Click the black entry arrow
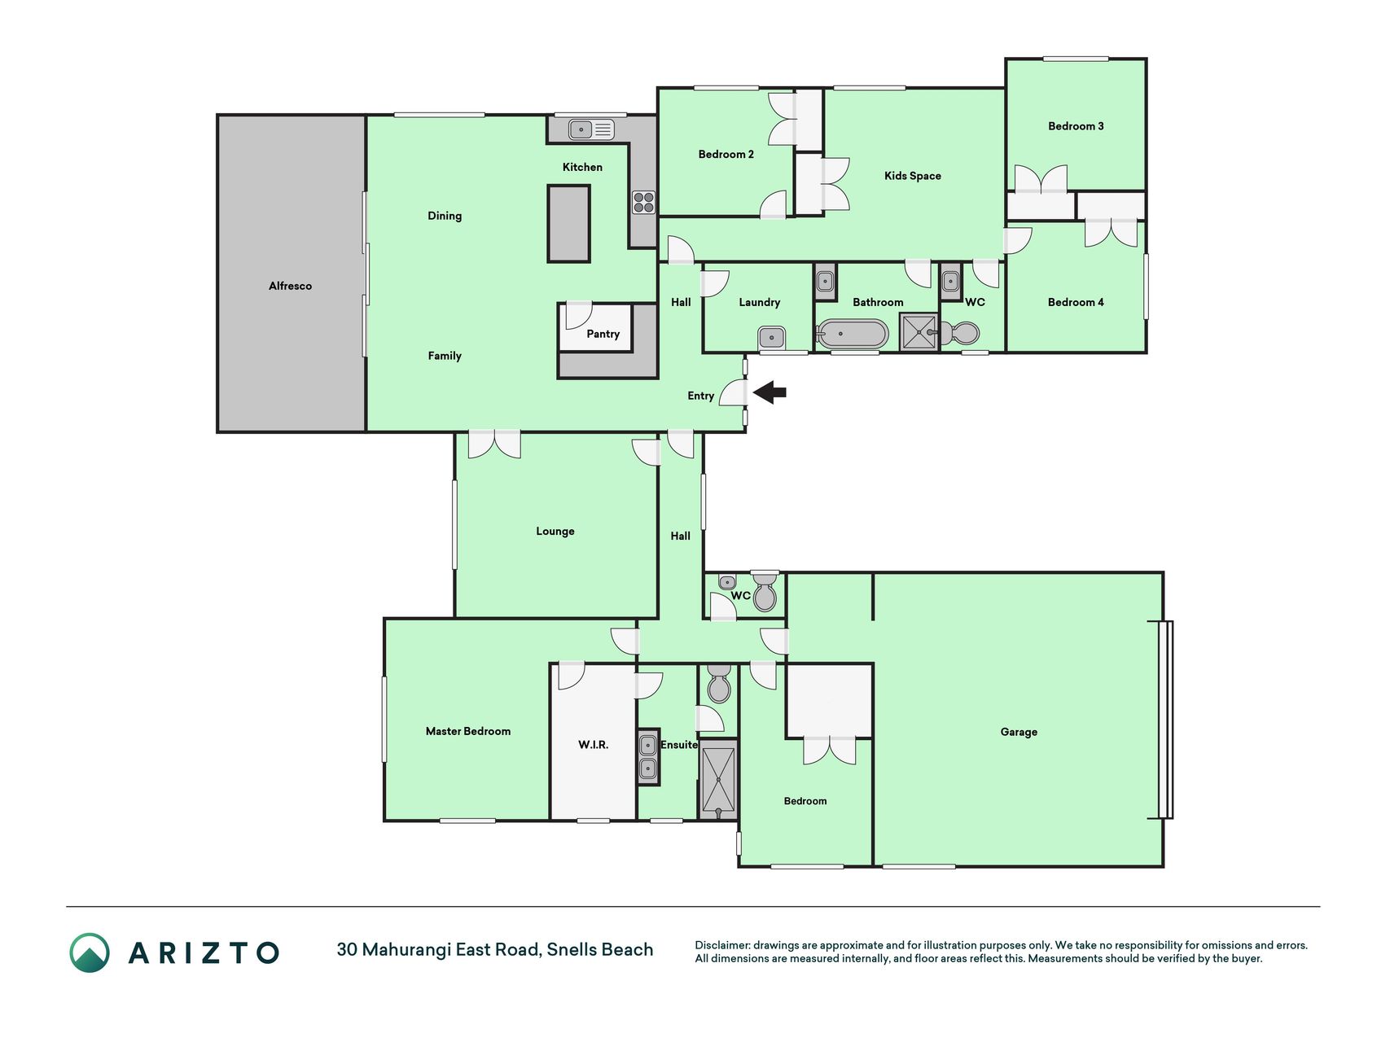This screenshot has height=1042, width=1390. [770, 393]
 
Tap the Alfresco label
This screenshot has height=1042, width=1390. [291, 286]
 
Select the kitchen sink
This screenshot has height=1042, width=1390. [591, 129]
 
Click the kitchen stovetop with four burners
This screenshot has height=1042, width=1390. [643, 202]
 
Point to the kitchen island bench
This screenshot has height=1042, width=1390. [568, 223]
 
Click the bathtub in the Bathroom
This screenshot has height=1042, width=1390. [853, 334]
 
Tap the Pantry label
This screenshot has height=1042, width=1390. [603, 334]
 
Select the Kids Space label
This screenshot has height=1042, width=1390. [913, 176]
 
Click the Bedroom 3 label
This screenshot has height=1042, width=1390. [1076, 126]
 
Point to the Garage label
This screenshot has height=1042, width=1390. [1019, 732]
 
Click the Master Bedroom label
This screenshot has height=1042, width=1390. [468, 731]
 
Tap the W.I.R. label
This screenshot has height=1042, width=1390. [594, 744]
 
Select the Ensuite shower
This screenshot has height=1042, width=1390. [719, 779]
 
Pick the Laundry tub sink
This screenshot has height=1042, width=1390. [771, 337]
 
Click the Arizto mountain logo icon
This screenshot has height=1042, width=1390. [90, 952]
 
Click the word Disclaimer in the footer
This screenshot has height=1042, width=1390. [721, 945]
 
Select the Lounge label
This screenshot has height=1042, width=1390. [555, 531]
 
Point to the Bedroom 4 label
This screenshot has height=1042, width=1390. [1076, 302]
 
